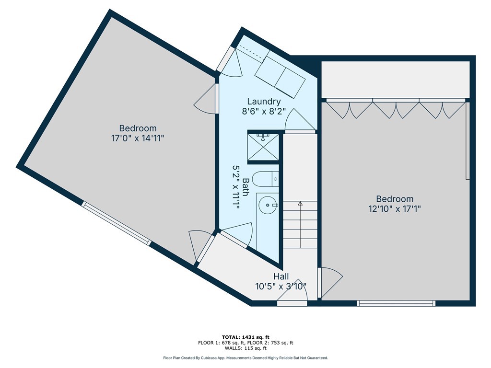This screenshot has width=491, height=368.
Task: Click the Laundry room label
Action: point(264,102)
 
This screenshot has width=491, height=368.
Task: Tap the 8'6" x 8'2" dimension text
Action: point(264,111)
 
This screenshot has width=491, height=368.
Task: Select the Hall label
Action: point(281,276)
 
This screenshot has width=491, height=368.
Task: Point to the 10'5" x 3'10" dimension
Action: point(281,287)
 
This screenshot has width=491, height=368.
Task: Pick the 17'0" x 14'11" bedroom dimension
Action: point(138,138)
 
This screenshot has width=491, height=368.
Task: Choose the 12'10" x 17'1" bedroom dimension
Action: point(395,209)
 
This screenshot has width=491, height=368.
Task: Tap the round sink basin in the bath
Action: point(268,205)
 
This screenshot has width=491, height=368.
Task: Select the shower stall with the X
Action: point(263,147)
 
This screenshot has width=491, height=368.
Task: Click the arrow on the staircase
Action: point(300,225)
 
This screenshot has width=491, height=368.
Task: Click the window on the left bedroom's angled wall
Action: point(117,223)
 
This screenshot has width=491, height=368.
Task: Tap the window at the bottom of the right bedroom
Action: point(396,303)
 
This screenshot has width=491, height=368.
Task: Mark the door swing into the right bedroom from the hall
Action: point(330,283)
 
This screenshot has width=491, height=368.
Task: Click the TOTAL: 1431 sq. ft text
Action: point(245,337)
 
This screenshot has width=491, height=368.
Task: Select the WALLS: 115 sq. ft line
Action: point(245,348)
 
